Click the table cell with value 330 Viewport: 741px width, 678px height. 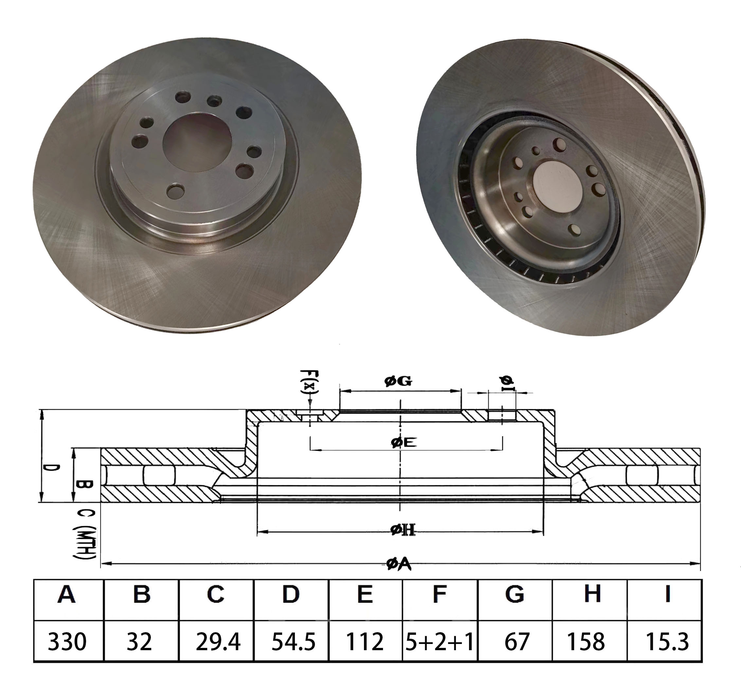67,642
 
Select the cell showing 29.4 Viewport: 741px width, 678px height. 218,642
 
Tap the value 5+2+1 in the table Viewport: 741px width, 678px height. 439,642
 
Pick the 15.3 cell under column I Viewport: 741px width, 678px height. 667,642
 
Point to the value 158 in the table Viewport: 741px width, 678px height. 586,642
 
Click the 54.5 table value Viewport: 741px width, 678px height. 293,642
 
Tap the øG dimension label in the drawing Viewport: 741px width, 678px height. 398,381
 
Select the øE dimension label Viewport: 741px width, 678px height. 404,442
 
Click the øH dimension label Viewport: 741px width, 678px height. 403,529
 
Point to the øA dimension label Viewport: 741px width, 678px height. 399,564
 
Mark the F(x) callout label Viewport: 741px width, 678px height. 310,382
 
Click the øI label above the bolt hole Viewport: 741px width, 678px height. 507,382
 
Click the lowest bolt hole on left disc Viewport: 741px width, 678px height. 175,191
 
